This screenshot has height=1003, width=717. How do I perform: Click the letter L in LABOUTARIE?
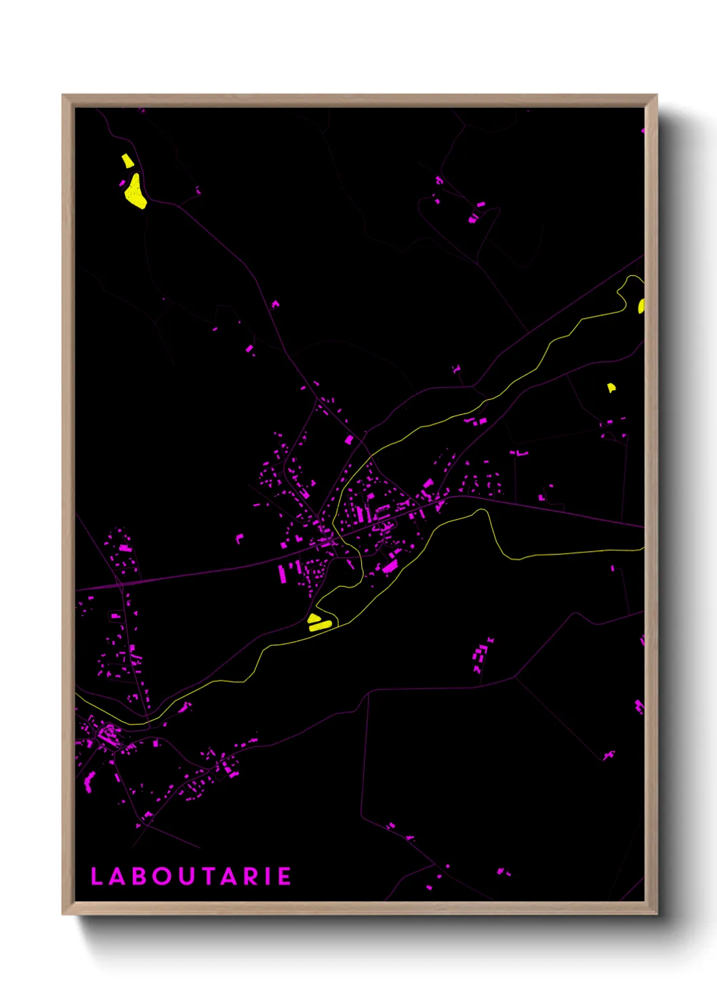[x=96, y=876]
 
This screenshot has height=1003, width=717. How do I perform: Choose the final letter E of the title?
[x=285, y=876]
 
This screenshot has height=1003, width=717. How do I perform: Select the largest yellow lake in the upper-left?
[x=135, y=192]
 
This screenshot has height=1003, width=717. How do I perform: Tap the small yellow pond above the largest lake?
[x=127, y=161]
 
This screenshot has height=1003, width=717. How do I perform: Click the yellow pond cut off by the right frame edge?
[x=641, y=306]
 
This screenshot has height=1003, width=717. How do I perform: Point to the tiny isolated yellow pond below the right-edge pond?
[x=611, y=388]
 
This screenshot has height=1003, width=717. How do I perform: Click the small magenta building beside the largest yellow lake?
[x=122, y=183]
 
